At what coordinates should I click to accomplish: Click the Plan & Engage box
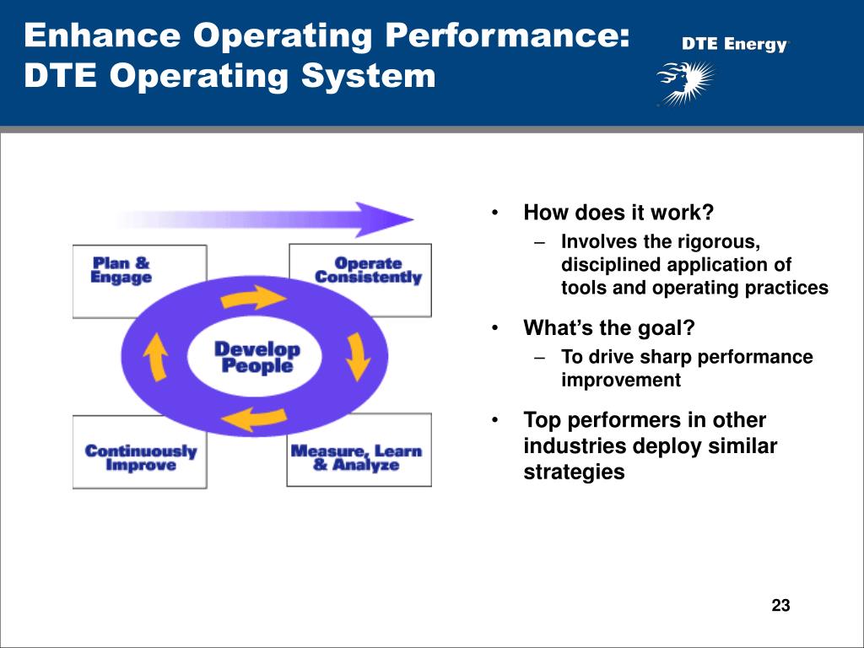tap(122, 270)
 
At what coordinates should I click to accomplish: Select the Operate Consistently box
tap(368, 270)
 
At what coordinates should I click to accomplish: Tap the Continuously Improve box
tap(140, 457)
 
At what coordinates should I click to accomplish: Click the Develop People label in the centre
tap(256, 357)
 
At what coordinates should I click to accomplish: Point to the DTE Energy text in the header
tap(733, 45)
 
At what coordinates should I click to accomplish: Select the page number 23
tap(780, 605)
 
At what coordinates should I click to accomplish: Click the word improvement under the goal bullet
tap(620, 380)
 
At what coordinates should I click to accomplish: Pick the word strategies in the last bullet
tap(574, 472)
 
